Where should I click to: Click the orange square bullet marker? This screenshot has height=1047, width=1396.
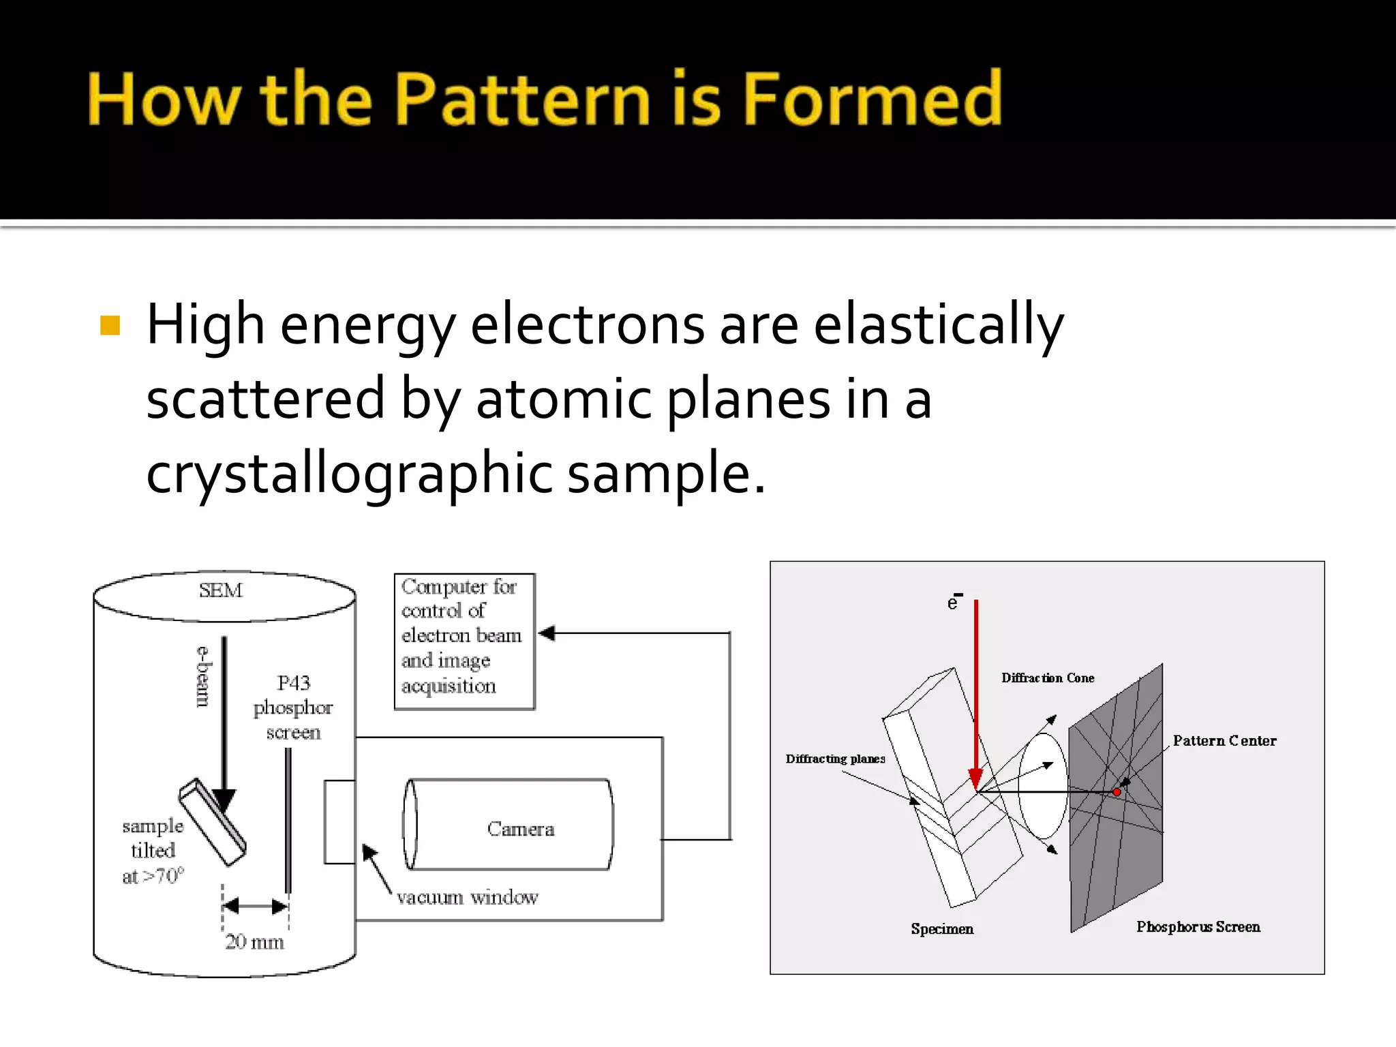coord(110,325)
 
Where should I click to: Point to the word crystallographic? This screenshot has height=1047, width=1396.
coord(349,474)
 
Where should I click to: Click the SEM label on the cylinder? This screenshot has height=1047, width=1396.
coord(220,590)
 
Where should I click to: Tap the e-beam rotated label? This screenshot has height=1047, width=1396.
coord(203,676)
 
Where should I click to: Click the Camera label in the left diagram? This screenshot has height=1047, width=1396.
coord(521,829)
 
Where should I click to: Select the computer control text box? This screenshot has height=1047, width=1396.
coord(464,641)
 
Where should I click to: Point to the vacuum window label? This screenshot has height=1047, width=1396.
coord(467,897)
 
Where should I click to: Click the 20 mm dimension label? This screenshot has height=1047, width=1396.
coord(254,942)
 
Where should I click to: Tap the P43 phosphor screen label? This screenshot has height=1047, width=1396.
coord(293,708)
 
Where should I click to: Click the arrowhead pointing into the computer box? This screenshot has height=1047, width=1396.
coord(547,633)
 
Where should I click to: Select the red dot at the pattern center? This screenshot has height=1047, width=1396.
coord(1117,792)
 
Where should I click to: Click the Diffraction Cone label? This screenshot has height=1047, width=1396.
coord(1048,678)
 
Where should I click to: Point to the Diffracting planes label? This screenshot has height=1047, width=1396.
coord(835,759)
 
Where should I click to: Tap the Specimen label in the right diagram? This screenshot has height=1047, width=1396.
coord(942,929)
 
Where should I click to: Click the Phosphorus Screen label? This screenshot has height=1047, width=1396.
coord(1198,927)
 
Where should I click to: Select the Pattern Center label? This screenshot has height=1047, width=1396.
coord(1224,741)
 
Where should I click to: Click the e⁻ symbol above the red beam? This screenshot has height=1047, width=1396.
coord(954,602)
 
